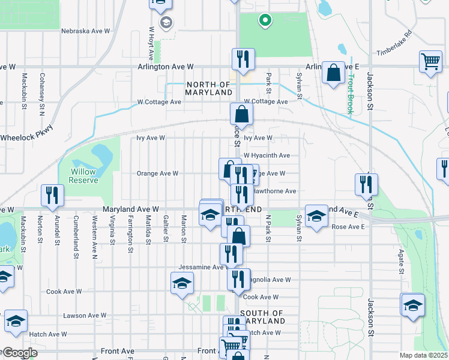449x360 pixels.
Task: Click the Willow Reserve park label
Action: [x=83, y=176]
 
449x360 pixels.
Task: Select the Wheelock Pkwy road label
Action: [x=26, y=137]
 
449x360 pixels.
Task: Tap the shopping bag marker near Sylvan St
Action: [x=333, y=73]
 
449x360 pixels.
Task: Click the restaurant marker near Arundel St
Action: [x=52, y=195]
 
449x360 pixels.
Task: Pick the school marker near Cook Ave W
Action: [x=182, y=283]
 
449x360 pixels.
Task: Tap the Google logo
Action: [x=19, y=353]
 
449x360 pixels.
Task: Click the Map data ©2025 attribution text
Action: [x=423, y=355]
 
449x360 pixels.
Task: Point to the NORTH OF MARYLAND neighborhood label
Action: [x=209, y=89]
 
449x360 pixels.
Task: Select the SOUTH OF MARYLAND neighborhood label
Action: [x=262, y=317]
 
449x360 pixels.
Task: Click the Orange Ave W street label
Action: [x=157, y=173]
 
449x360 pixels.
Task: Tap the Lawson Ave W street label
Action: [x=85, y=315]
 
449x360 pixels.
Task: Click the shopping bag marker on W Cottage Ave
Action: [x=241, y=113]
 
